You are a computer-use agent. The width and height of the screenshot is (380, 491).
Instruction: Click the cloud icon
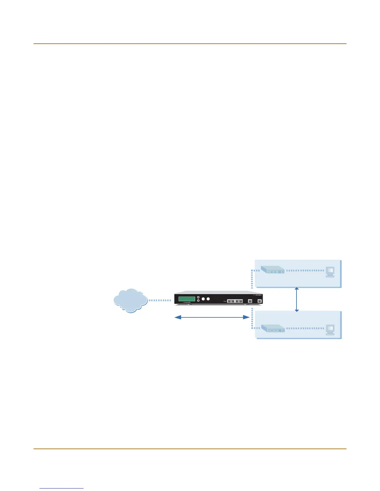pyautogui.click(x=130, y=300)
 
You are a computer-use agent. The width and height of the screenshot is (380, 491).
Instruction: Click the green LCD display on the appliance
pyautogui.click(x=187, y=299)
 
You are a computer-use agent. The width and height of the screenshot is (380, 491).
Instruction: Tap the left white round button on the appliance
pyautogui.click(x=203, y=299)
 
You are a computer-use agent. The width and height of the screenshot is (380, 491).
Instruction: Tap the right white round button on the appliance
pyautogui.click(x=208, y=299)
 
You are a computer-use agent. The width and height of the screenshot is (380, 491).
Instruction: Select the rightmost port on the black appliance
pyautogui.click(x=260, y=301)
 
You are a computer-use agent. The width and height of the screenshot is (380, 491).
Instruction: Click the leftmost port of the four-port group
pyautogui.click(x=229, y=301)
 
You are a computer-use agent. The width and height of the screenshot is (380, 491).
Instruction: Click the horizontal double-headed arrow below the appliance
pyautogui.click(x=212, y=317)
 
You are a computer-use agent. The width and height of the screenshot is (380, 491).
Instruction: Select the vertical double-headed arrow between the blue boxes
pyautogui.click(x=297, y=299)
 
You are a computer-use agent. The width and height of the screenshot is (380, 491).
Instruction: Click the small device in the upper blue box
pyautogui.click(x=273, y=270)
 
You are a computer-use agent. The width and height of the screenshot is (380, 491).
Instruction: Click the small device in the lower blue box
pyautogui.click(x=273, y=328)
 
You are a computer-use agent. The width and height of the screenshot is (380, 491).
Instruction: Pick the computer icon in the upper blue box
pyautogui.click(x=330, y=272)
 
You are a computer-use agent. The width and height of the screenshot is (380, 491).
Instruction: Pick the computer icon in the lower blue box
pyautogui.click(x=330, y=330)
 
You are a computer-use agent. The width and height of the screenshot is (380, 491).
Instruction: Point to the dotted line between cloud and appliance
pyautogui.click(x=160, y=300)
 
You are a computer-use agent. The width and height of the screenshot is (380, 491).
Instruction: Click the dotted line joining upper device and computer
pyautogui.click(x=305, y=271)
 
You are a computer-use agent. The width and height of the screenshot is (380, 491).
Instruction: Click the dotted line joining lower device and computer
pyautogui.click(x=305, y=328)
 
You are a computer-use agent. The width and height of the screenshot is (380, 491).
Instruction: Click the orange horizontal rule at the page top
pyautogui.click(x=190, y=44)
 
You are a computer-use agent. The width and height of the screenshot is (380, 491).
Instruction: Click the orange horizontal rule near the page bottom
pyautogui.click(x=190, y=449)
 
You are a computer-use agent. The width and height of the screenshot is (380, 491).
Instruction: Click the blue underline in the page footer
pyautogui.click(x=61, y=489)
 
